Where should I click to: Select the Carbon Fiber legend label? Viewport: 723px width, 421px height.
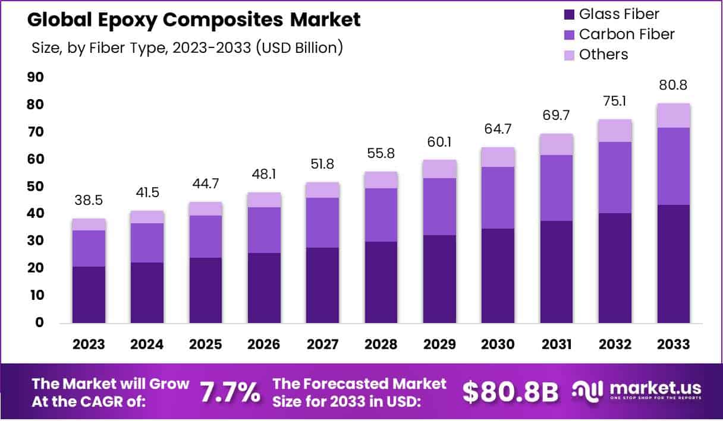627,34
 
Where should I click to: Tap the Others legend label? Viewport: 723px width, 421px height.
603,55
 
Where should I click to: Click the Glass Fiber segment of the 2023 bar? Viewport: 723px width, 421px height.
89,295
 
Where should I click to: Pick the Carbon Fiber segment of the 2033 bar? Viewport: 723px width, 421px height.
674,166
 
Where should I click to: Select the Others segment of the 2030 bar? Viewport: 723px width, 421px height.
498,157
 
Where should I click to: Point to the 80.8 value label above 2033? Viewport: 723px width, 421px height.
674,86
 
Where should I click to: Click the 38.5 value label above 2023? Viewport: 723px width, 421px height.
89,201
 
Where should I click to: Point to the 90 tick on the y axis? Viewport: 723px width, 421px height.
36,77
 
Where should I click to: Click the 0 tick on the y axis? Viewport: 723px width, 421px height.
40,322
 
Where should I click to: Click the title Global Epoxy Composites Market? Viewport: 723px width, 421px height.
194,20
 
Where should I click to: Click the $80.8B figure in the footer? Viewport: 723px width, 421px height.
510,392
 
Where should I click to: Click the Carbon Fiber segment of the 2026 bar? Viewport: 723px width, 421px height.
265,230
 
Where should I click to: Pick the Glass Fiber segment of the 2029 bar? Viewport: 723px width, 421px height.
440,279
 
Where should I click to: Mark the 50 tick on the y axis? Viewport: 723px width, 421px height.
36,186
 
